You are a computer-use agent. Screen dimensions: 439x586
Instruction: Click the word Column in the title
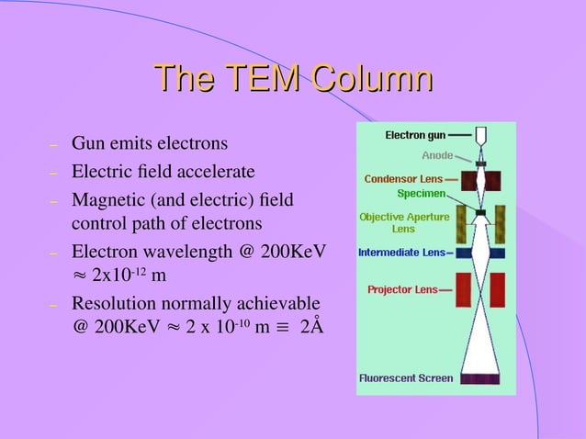[372, 79]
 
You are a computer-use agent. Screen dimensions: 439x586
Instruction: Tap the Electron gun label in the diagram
[415, 136]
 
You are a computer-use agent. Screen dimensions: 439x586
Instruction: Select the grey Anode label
[436, 155]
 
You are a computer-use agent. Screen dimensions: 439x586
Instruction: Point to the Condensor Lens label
[403, 178]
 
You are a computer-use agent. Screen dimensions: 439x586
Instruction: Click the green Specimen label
[422, 193]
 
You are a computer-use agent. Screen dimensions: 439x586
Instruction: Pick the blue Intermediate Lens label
[400, 252]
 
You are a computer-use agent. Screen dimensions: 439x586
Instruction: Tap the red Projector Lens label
[402, 289]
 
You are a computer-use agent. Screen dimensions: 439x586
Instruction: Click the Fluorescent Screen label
[405, 377]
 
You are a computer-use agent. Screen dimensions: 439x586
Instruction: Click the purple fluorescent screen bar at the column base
[481, 377]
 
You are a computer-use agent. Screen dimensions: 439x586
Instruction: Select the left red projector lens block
[464, 288]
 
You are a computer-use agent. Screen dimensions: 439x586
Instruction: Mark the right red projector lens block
[498, 288]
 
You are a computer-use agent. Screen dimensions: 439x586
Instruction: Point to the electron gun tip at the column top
[480, 136]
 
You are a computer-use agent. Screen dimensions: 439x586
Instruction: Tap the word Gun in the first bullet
[88, 144]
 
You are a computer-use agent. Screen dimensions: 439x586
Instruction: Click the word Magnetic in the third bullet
[108, 197]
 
